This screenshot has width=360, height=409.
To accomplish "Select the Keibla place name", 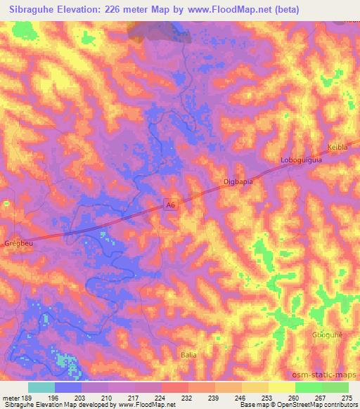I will [x=337, y=148].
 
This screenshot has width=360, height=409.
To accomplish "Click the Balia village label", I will [x=188, y=355].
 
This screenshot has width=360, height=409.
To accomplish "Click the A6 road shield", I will [x=169, y=204].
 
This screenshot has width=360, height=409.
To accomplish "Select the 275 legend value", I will [x=347, y=398].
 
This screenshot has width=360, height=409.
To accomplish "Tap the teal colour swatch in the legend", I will [x=41, y=387].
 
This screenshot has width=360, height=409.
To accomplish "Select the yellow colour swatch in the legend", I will [x=281, y=387].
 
